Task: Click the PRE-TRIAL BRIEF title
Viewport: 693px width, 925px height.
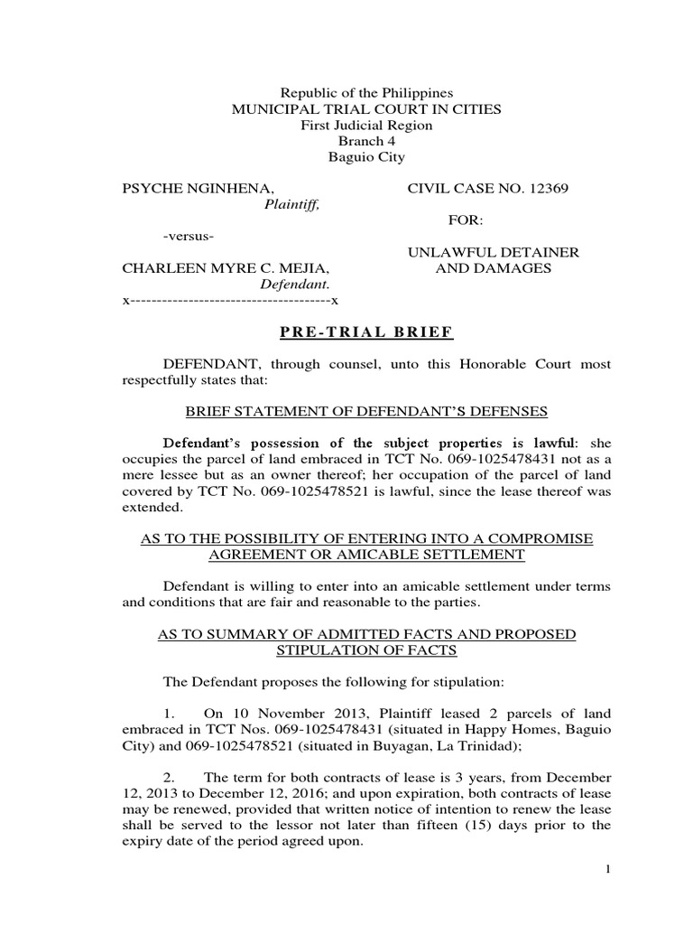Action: click(x=366, y=333)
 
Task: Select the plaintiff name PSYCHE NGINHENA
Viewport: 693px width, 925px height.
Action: click(x=198, y=188)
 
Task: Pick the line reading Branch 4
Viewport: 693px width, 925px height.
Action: click(x=366, y=141)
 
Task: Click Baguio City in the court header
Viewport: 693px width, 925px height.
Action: click(x=366, y=157)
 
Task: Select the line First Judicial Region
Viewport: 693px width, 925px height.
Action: click(x=366, y=126)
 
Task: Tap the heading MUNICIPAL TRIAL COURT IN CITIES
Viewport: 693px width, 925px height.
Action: click(x=366, y=109)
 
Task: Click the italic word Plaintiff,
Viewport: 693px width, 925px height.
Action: click(x=291, y=204)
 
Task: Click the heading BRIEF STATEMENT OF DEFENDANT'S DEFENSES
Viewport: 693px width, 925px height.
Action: click(x=366, y=411)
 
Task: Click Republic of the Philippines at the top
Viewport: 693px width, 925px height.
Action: click(x=366, y=93)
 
